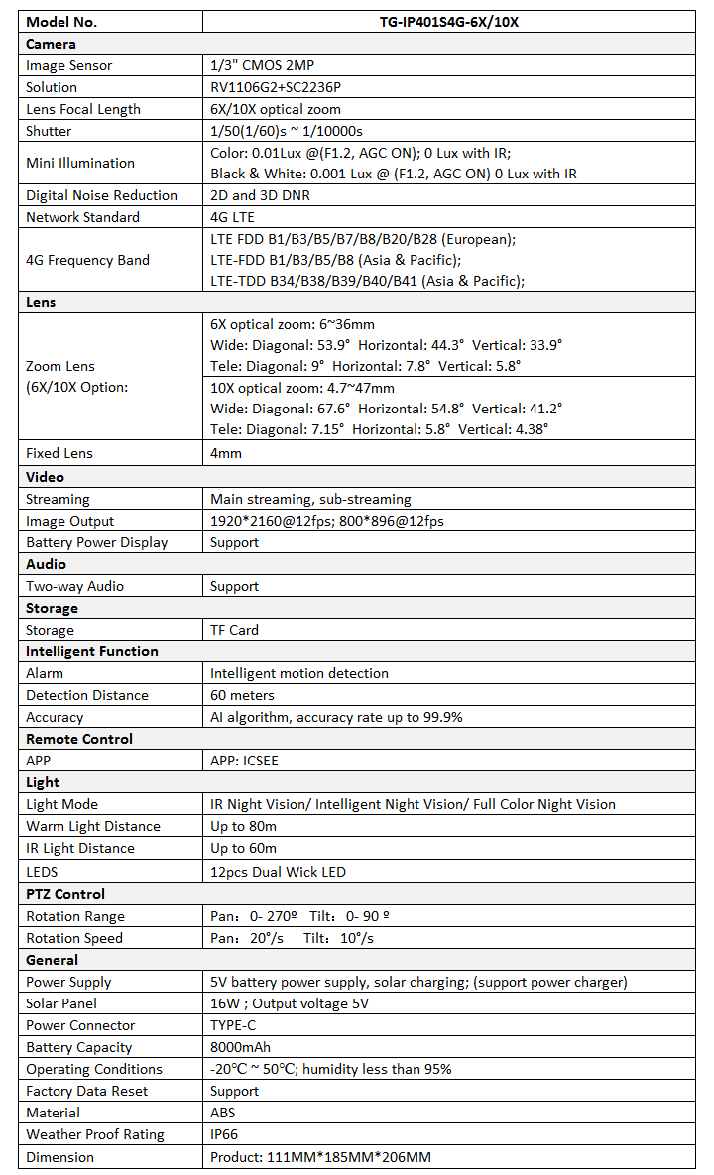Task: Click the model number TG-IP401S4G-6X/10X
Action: tap(455, 22)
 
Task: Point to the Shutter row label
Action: tap(49, 131)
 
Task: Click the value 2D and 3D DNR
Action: tap(260, 195)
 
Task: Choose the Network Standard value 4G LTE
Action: tap(233, 217)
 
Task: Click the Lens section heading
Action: tap(41, 303)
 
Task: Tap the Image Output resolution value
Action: tap(327, 521)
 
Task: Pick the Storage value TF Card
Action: tap(234, 630)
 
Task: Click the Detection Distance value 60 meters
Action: tap(242, 695)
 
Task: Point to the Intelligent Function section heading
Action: tap(91, 651)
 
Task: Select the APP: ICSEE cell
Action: tap(246, 761)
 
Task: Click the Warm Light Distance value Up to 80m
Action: tap(243, 826)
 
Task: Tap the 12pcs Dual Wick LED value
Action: tap(278, 872)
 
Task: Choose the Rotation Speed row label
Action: tap(74, 938)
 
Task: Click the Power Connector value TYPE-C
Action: tap(234, 1025)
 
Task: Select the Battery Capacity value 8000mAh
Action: tap(240, 1047)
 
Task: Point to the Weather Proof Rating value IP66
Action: tap(224, 1134)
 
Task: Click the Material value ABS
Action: tap(223, 1113)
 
